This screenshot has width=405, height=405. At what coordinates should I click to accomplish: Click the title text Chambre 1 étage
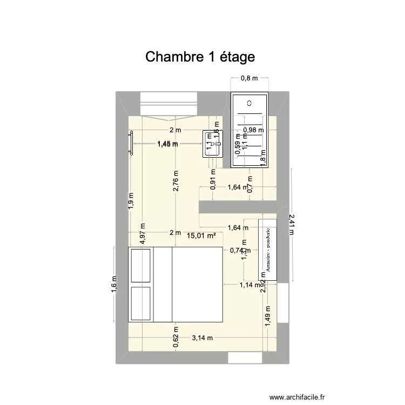pyautogui.click(x=199, y=57)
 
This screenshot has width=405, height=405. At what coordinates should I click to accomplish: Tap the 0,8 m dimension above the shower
pyautogui.click(x=249, y=79)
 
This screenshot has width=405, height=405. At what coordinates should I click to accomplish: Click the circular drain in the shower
pyautogui.click(x=249, y=103)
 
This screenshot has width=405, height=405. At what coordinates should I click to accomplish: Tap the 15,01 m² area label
pyautogui.click(x=201, y=235)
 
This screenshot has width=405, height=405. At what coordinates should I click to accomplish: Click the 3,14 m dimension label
pyautogui.click(x=202, y=338)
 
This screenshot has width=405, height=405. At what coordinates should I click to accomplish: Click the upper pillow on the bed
pyautogui.click(x=141, y=266)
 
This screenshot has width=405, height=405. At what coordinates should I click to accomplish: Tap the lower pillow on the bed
pyautogui.click(x=141, y=303)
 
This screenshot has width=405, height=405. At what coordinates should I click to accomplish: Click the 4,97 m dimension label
pyautogui.click(x=142, y=235)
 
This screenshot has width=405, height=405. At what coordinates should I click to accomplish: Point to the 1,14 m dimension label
pyautogui.click(x=249, y=285)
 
